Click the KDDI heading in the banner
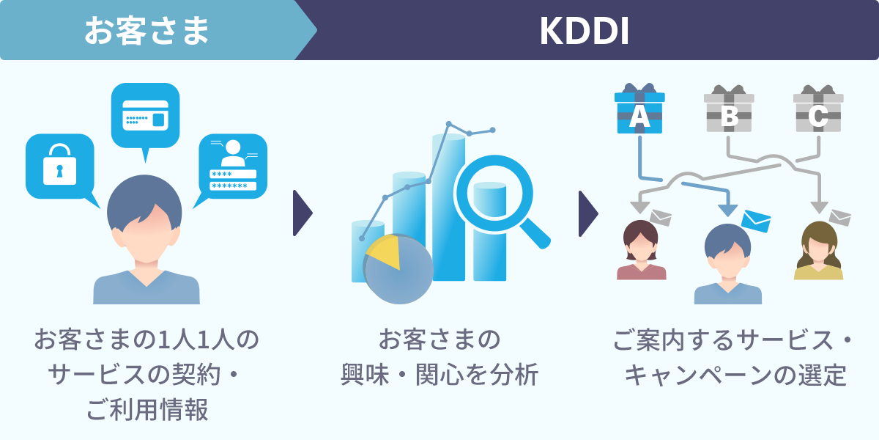[584, 31]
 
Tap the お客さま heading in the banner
[146, 31]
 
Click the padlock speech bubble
[59, 166]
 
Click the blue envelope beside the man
[755, 220]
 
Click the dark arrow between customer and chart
[301, 213]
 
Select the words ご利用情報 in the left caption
[146, 410]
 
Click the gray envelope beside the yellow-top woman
[839, 217]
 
